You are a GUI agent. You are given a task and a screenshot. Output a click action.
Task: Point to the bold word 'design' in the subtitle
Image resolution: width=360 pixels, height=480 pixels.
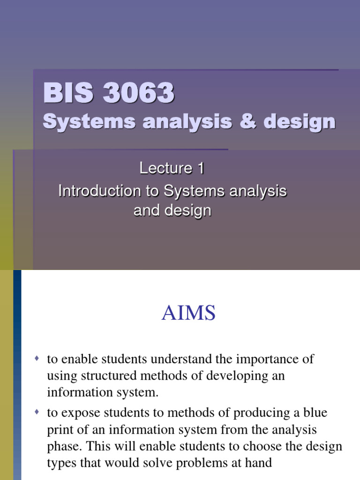(299, 122)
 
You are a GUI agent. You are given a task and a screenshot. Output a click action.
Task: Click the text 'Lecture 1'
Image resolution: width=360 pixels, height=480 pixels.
(172, 169)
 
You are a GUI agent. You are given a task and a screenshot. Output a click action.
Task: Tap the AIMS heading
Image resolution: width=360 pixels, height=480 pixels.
(188, 314)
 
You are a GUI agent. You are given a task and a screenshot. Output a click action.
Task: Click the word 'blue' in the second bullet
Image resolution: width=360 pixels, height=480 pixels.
(315, 413)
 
